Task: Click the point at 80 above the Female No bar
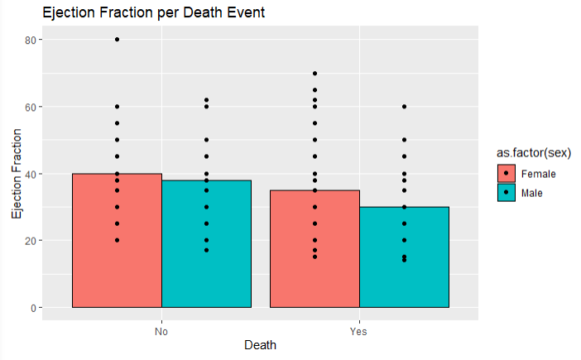pyautogui.click(x=117, y=40)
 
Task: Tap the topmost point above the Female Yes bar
pyautogui.click(x=315, y=74)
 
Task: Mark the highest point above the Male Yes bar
pyautogui.click(x=404, y=107)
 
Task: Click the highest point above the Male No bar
pyautogui.click(x=206, y=100)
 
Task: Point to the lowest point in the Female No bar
pyautogui.click(x=117, y=240)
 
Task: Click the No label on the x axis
pyautogui.click(x=161, y=331)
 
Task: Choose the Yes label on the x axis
pyautogui.click(x=359, y=331)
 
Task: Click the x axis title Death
pyautogui.click(x=260, y=345)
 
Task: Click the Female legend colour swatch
pyautogui.click(x=505, y=174)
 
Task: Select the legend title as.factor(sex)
pyautogui.click(x=531, y=152)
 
